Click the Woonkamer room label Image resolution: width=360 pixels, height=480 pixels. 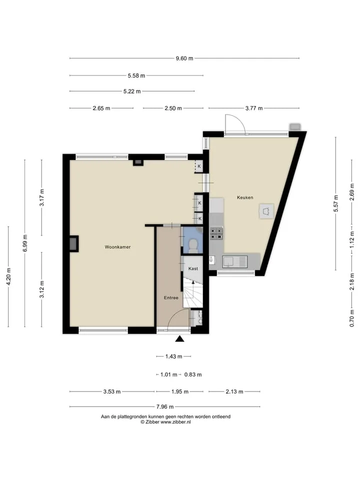tap(117, 247)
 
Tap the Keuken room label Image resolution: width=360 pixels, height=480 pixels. tap(245, 197)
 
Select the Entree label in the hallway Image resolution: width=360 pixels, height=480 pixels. tap(171, 297)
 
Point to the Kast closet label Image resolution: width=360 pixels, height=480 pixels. tap(193, 268)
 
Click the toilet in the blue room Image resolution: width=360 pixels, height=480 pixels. tap(193, 246)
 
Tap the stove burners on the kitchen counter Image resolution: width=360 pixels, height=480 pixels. tap(216, 233)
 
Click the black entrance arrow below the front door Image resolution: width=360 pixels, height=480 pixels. tap(179, 338)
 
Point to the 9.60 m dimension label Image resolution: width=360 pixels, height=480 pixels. tap(184, 58)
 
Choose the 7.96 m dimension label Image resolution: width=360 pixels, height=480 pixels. tap(165, 407)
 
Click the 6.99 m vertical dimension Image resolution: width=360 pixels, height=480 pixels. tap(25, 243)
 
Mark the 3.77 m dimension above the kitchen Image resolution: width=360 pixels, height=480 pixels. tap(254, 108)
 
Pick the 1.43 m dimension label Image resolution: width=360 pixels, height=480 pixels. tap(173, 356)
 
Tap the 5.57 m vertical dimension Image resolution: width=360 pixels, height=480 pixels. tap(336, 203)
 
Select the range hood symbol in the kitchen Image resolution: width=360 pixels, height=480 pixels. tap(266, 211)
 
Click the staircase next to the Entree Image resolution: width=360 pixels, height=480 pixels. tap(193, 294)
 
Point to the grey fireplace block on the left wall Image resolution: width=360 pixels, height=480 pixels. tap(74, 243)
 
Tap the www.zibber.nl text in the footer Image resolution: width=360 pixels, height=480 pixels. tap(175, 422)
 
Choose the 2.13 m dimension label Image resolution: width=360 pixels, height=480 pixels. tap(234, 391)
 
